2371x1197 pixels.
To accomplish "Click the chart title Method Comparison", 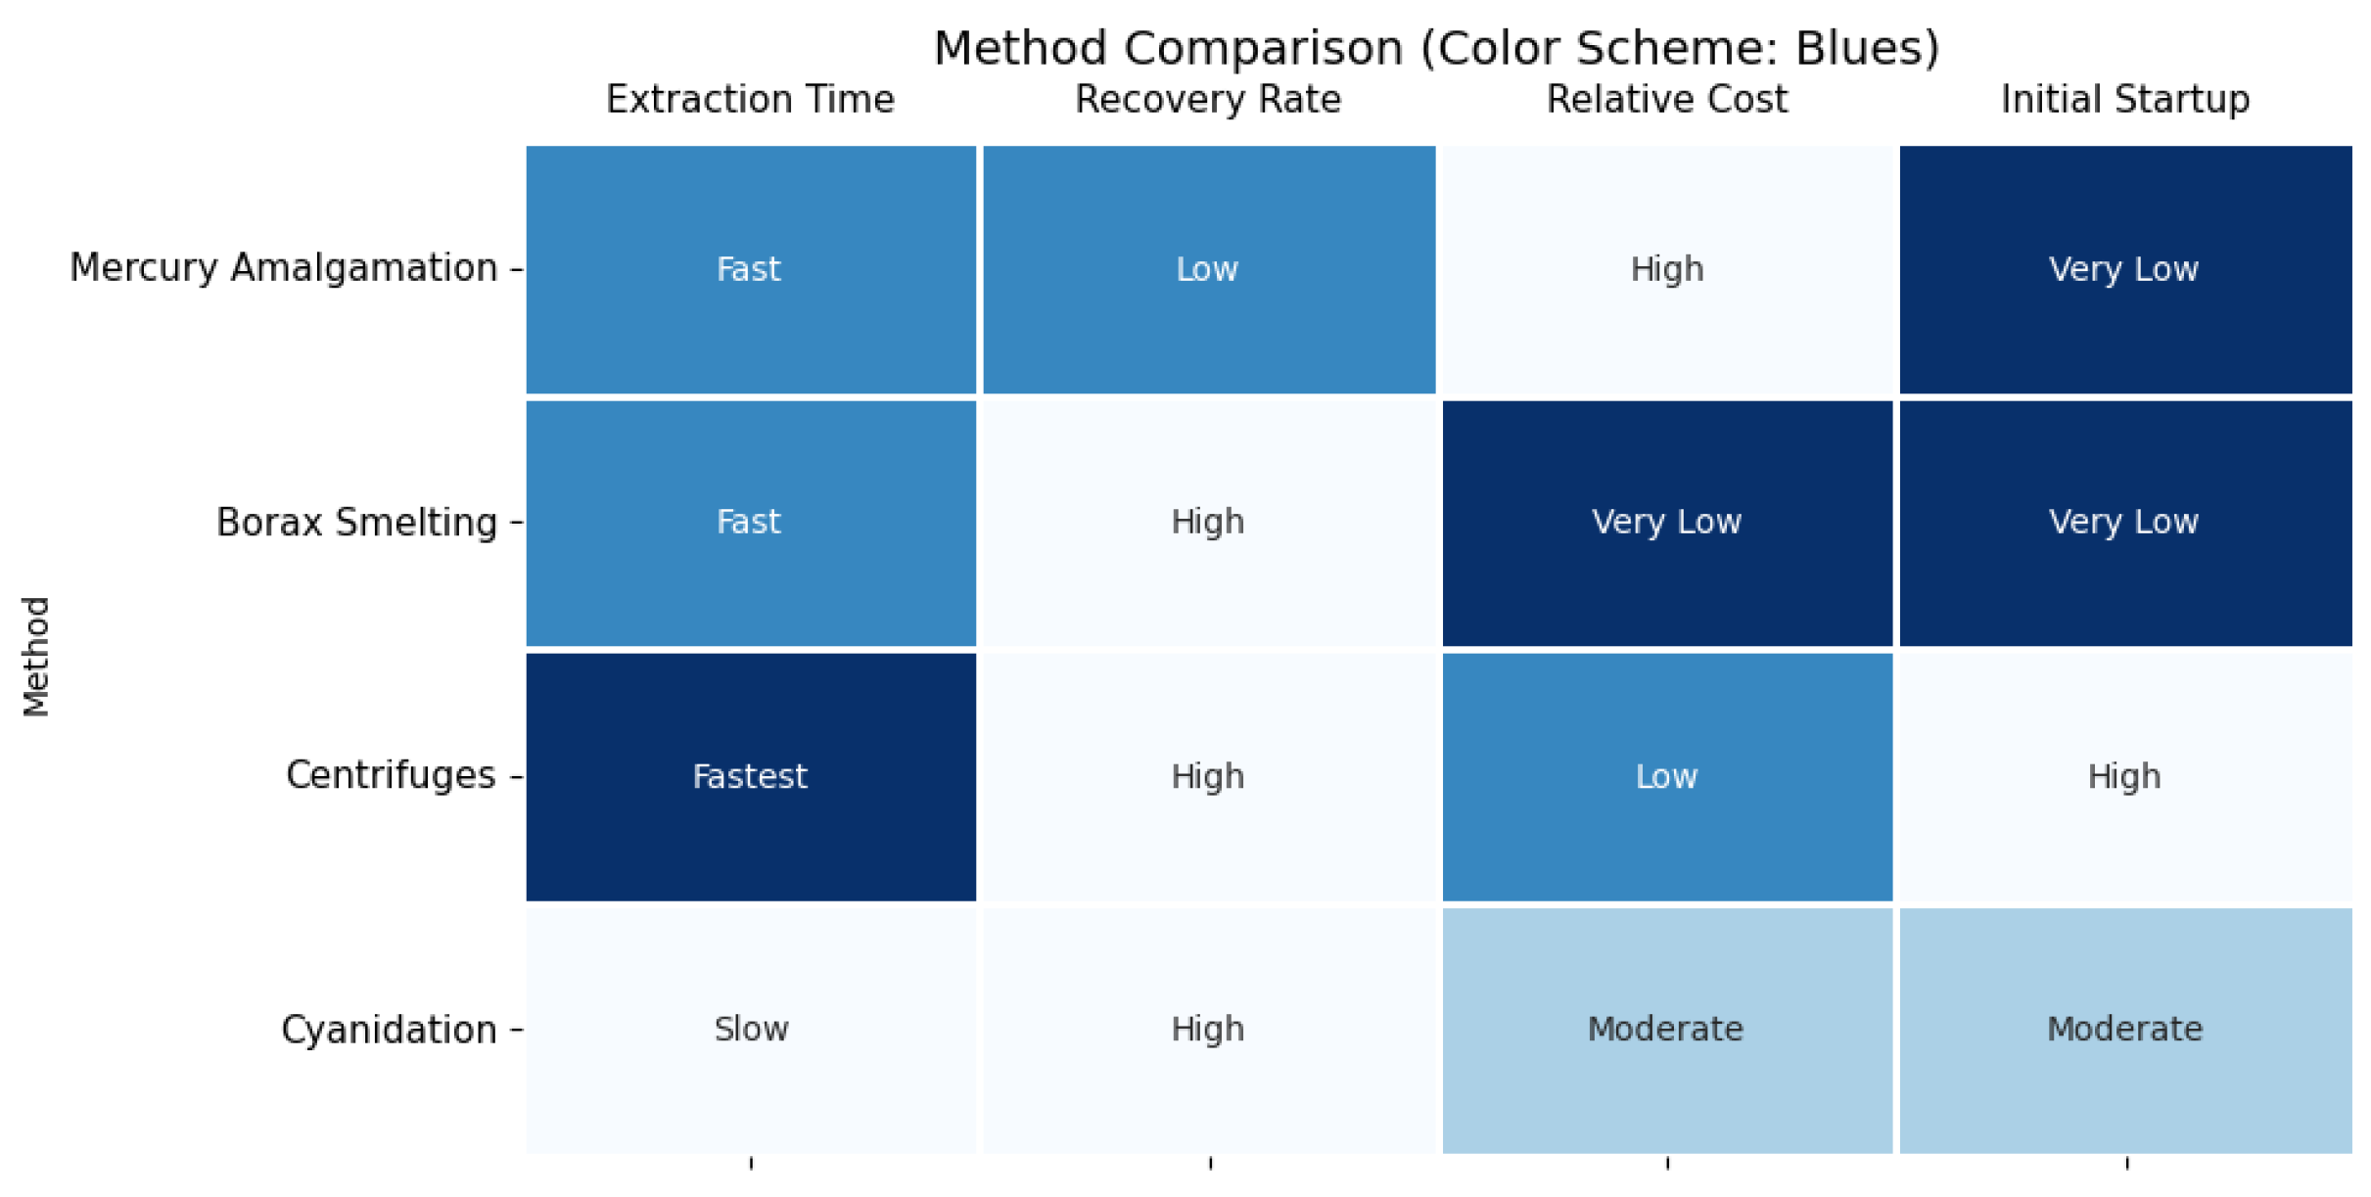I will (x=1436, y=48).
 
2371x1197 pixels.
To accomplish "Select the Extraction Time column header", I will (x=750, y=100).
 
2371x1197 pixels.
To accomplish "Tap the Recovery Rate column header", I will (x=1208, y=100).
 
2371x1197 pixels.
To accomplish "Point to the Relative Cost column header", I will (x=1666, y=100).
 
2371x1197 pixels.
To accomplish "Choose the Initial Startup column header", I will (x=2124, y=100).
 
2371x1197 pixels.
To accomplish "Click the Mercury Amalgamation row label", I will (x=284, y=268).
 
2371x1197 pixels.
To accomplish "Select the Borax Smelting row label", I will (x=356, y=523).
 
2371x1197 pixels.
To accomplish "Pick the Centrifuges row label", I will (x=391, y=775).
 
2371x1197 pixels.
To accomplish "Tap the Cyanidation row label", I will (x=389, y=1030).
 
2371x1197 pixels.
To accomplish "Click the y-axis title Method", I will (x=36, y=656).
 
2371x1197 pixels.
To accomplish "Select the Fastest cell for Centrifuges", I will (x=750, y=776).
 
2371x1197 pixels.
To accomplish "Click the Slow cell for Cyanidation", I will (x=750, y=1030).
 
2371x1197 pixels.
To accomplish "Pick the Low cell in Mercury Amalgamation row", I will (x=1208, y=269).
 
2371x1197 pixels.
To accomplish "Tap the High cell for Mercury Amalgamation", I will (x=1666, y=269).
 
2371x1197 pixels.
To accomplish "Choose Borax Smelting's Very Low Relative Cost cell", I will (x=1666, y=523).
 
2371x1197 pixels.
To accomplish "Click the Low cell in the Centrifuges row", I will (x=1666, y=776).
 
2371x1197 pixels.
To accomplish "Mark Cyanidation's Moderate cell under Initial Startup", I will (x=2124, y=1030).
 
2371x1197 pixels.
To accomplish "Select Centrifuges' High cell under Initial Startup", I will (x=2124, y=776).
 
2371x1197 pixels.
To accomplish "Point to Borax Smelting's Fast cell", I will (x=750, y=523).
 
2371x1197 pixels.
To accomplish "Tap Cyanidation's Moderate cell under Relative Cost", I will (x=1666, y=1030).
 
